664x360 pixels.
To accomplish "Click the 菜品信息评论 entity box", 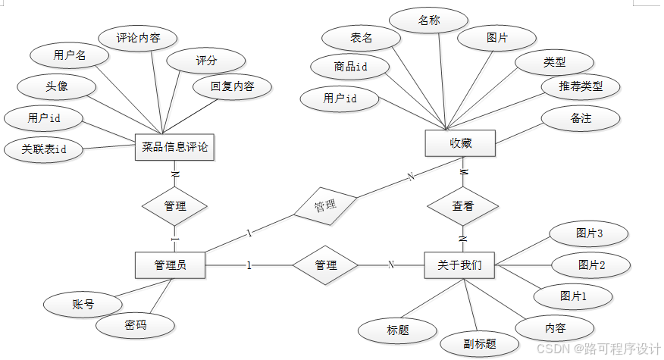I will coord(174,147).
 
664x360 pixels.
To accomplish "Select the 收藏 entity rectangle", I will coord(460,142).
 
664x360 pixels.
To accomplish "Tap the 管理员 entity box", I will coord(170,265).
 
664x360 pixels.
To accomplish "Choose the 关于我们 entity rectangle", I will coord(460,265).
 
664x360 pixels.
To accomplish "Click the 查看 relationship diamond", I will coord(462,205).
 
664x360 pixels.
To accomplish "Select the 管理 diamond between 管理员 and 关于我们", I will coord(325,265).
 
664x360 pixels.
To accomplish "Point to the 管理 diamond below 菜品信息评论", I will coord(175,205).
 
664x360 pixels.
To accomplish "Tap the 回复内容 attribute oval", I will coord(232,86).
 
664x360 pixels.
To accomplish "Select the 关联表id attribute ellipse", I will coord(44,149).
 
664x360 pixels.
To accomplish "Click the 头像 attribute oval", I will coord(58,86).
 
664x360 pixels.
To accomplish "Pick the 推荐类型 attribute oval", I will coord(581,86).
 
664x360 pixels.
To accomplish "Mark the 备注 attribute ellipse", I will coord(581,118).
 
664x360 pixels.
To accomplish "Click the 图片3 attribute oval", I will coord(590,234).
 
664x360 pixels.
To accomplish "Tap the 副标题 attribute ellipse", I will coord(480,343).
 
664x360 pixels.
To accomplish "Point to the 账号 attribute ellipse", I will coord(83,305).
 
